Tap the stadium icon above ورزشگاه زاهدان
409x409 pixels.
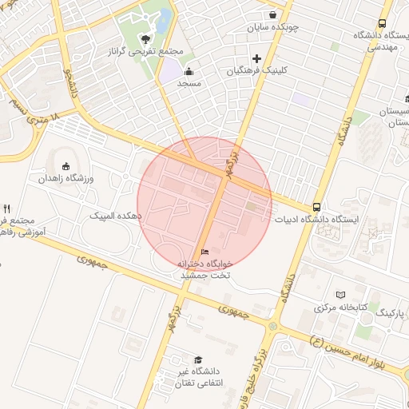tap(65, 166)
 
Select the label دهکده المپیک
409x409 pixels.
tap(116, 216)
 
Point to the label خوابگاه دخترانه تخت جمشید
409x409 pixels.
tap(205, 268)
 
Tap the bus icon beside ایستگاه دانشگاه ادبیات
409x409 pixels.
tap(318, 207)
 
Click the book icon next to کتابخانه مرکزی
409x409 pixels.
tap(342, 295)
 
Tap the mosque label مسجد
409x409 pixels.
tap(189, 83)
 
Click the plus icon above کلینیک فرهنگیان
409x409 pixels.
tap(256, 58)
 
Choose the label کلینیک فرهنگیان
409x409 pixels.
tap(256, 70)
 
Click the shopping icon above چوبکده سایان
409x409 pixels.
tap(272, 14)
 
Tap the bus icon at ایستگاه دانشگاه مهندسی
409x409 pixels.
tap(383, 22)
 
